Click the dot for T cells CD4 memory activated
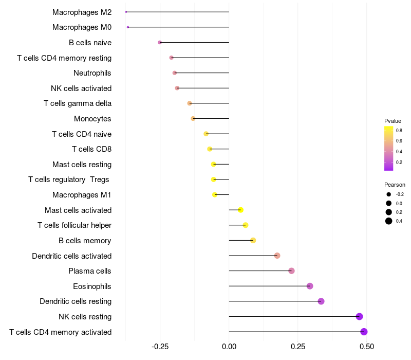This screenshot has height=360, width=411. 364,332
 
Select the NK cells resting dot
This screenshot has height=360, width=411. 359,316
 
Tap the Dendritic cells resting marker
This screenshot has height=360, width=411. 321,301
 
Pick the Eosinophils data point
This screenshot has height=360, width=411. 310,286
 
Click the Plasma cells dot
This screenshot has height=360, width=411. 291,271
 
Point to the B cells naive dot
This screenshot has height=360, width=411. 160,43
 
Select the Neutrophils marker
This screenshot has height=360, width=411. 175,73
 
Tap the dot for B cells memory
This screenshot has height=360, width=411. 253,240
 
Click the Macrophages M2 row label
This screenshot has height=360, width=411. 82,12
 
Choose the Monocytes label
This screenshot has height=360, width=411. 92,119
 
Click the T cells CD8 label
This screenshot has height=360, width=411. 91,149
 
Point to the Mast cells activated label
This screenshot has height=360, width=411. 78,210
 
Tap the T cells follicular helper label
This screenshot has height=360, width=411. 74,225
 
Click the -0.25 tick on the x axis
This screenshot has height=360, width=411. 160,347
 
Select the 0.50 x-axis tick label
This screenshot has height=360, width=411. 367,347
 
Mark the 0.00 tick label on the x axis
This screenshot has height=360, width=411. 229,347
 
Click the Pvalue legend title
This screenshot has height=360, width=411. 393,121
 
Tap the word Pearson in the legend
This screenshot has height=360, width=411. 395,185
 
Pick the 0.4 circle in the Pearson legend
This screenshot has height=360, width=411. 389,221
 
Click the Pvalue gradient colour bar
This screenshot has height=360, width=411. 389,148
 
